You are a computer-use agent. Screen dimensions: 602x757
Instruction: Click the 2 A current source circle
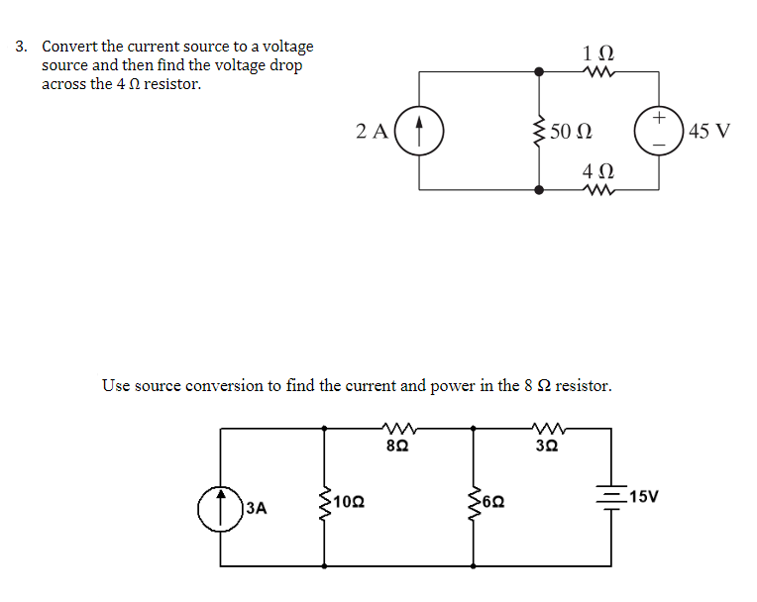pos(418,131)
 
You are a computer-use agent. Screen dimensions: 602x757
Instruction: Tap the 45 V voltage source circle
pos(659,131)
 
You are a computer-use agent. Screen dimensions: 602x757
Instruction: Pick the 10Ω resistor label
pos(348,502)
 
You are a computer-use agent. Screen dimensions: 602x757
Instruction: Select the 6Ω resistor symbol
pos(473,502)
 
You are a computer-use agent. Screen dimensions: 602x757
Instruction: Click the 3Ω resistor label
pos(547,447)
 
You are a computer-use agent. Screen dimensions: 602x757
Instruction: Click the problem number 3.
pos(21,47)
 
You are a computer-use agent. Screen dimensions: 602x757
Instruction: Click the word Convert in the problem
pos(68,47)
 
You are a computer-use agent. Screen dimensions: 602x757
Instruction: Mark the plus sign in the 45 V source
pos(659,118)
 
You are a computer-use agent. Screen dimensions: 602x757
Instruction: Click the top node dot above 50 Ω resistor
pos(539,71)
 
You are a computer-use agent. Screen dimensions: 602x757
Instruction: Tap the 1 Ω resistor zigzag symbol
pos(599,71)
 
